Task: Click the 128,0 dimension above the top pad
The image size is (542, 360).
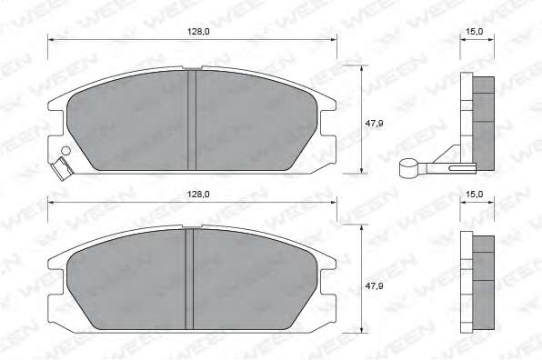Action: (x=198, y=32)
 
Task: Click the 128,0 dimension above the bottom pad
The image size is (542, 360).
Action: (x=198, y=195)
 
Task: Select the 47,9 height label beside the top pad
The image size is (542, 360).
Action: (x=375, y=123)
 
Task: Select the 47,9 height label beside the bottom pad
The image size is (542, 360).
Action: (x=375, y=286)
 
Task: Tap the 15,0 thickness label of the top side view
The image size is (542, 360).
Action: (x=475, y=32)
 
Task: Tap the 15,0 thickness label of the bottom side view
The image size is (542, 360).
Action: (x=475, y=195)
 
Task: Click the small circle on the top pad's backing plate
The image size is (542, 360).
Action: (x=65, y=151)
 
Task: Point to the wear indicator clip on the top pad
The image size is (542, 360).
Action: (x=61, y=169)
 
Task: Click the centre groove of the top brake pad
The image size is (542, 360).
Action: (x=192, y=120)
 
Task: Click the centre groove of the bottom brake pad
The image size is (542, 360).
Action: (x=189, y=279)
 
